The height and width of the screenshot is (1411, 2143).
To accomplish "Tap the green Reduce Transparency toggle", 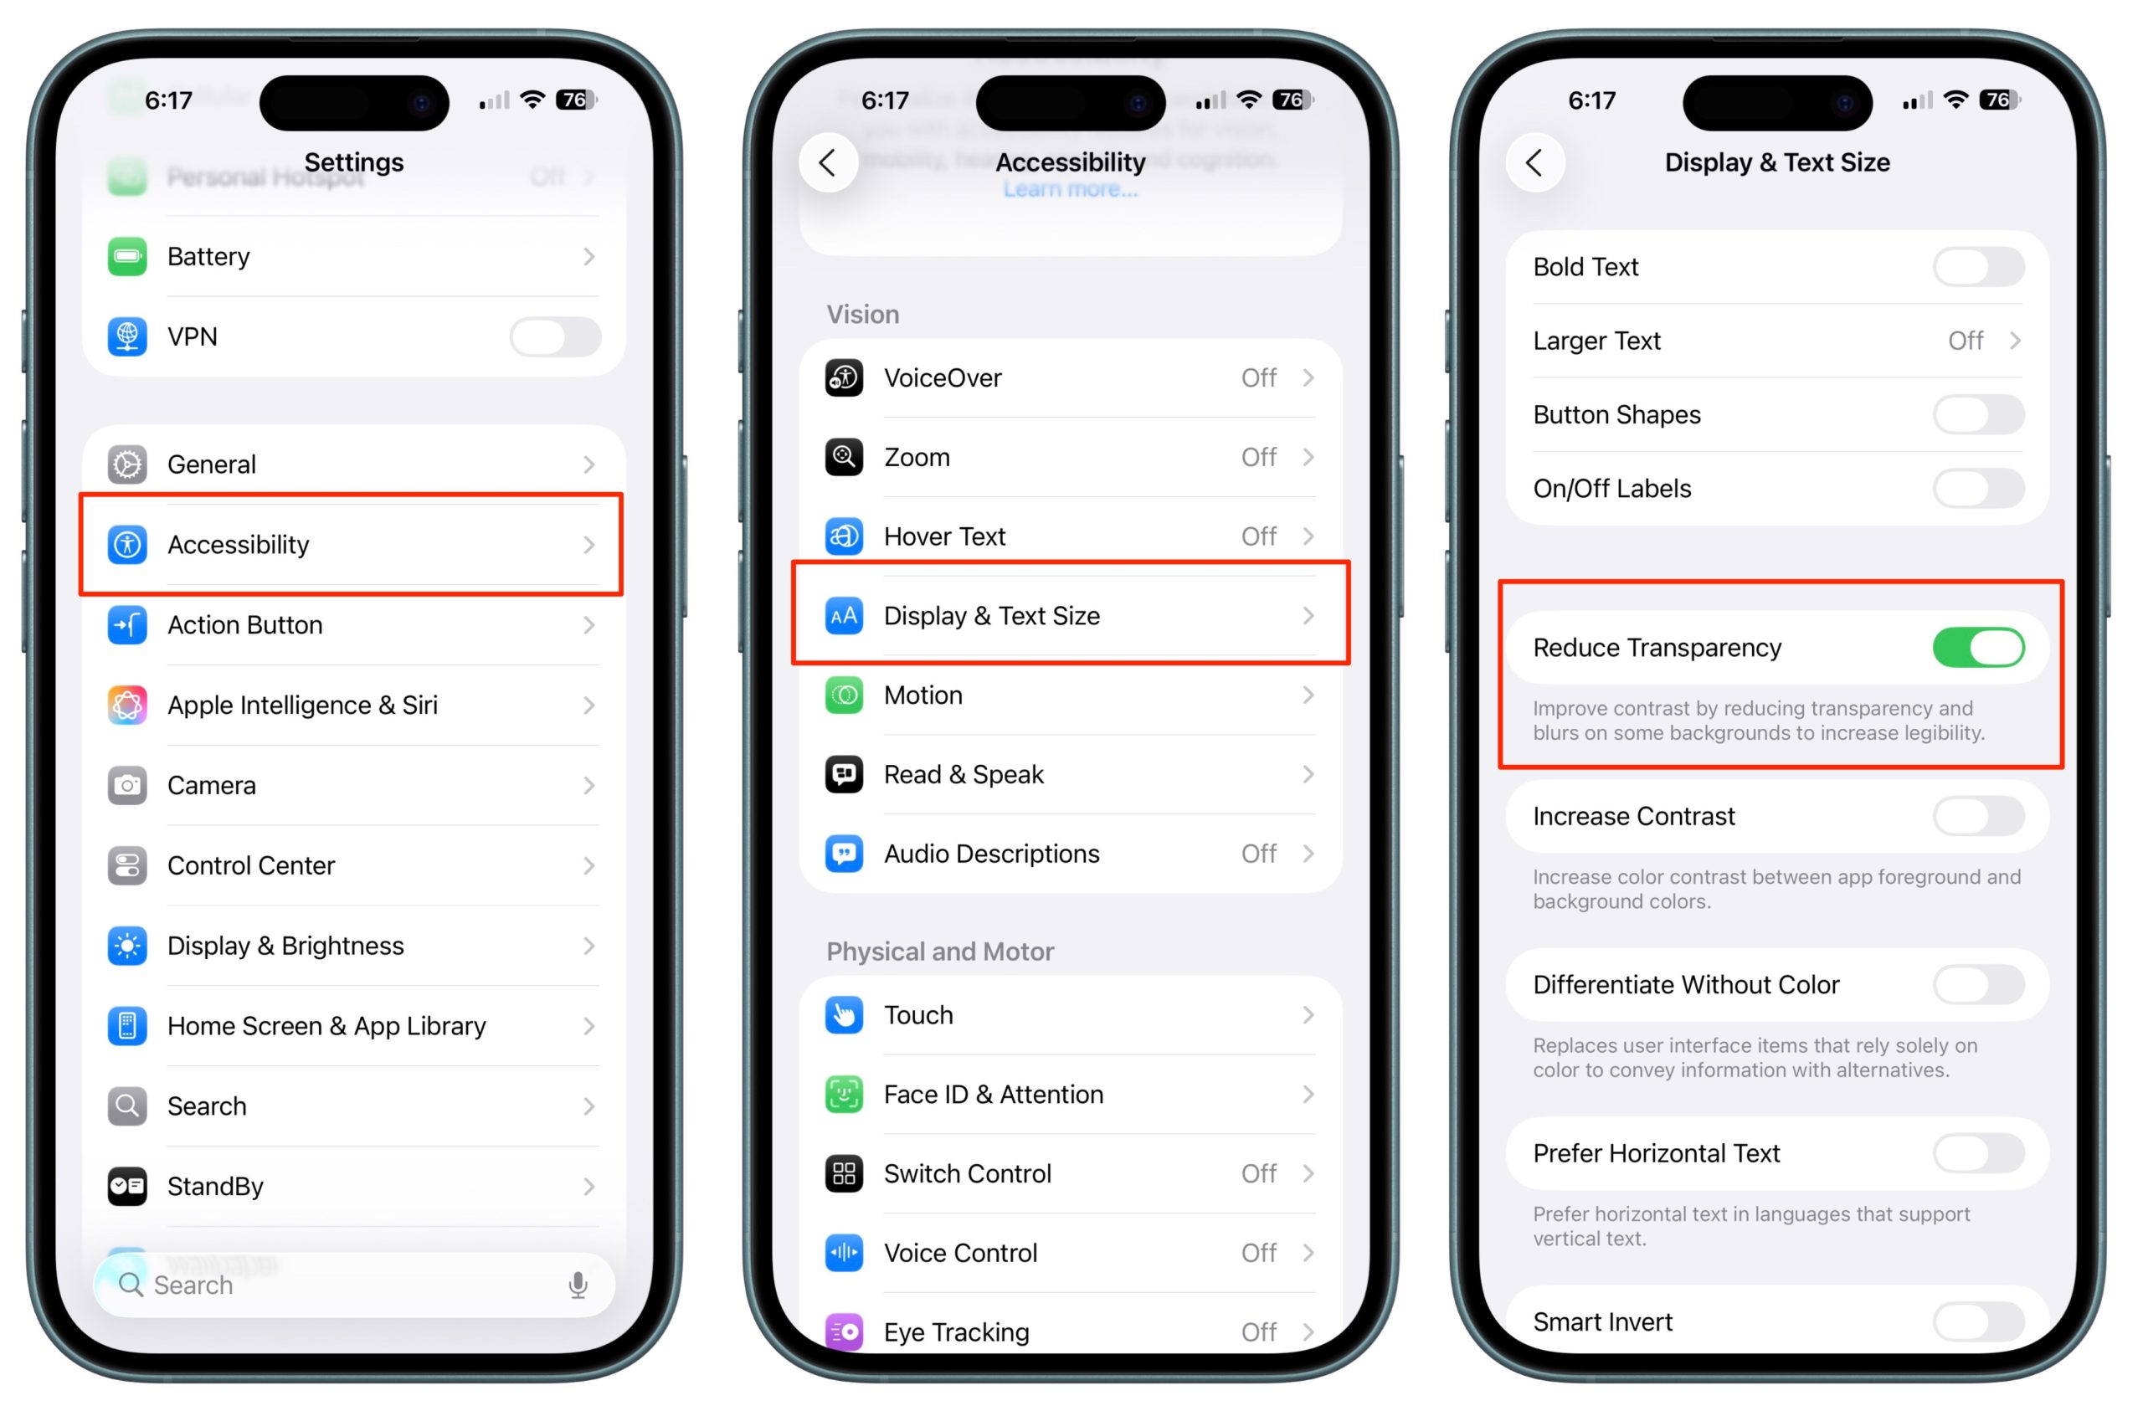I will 1977,648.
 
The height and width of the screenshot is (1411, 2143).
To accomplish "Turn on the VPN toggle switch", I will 555,336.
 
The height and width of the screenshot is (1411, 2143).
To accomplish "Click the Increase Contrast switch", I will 1977,816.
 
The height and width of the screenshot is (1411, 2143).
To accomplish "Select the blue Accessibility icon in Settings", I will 127,544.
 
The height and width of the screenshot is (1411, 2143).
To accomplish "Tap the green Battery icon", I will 127,257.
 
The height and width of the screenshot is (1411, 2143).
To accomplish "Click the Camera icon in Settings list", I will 127,785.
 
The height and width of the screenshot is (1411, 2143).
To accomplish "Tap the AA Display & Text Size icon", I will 844,616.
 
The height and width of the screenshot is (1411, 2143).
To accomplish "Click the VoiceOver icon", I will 844,378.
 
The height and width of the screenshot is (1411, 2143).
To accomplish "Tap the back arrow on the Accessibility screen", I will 828,163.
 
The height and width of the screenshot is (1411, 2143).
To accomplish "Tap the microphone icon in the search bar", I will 578,1285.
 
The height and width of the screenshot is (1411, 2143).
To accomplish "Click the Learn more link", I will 1070,190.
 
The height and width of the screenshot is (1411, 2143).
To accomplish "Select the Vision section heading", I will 862,315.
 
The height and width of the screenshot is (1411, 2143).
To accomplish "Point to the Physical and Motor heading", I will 940,952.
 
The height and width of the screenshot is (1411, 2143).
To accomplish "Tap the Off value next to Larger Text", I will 1965,341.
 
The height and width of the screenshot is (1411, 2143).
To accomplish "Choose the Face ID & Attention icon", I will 844,1094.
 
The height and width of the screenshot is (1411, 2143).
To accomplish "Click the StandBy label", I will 215,1186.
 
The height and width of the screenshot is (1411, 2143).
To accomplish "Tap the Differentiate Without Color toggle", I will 1977,984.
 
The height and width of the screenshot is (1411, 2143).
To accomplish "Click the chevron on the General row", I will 588,464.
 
